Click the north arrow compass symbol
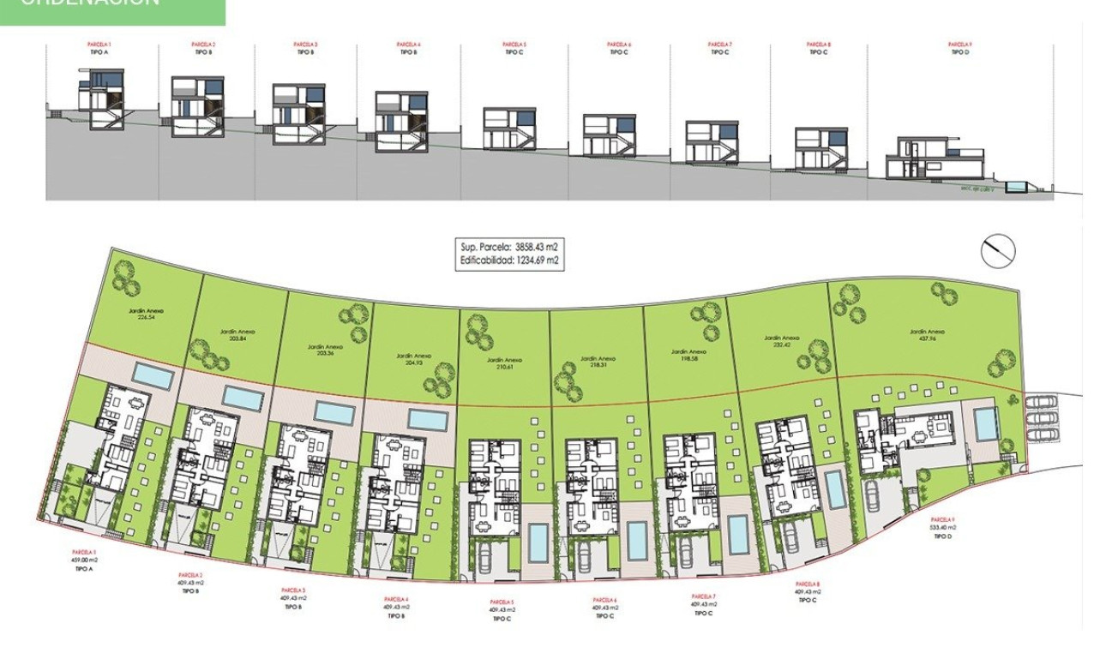coord(998,249)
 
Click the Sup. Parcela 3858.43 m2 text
coord(510,247)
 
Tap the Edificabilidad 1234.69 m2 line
coord(510,261)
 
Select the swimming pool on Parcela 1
coord(155,375)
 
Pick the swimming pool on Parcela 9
coord(986,422)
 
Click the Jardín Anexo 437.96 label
coord(927,335)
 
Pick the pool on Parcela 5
coord(538,539)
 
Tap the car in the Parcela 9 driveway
coord(873,495)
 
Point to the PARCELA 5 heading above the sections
coord(514,44)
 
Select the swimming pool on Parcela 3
coord(334,412)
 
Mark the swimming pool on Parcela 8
coord(833,488)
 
